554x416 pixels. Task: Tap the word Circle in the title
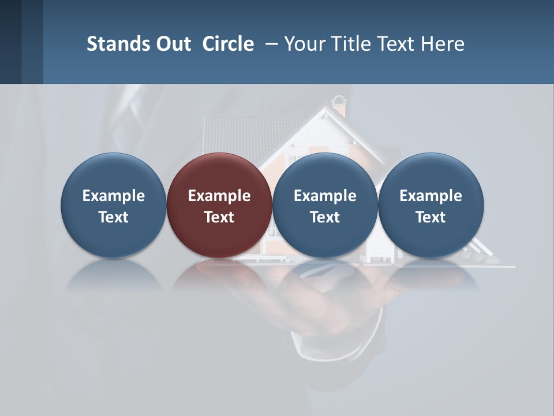(228, 44)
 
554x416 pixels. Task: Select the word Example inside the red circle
(219, 196)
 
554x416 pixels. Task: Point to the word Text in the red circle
(219, 217)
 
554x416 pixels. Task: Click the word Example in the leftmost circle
(114, 196)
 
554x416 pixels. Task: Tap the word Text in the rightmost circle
(431, 217)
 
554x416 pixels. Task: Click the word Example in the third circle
(325, 196)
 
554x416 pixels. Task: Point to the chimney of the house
(339, 107)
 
